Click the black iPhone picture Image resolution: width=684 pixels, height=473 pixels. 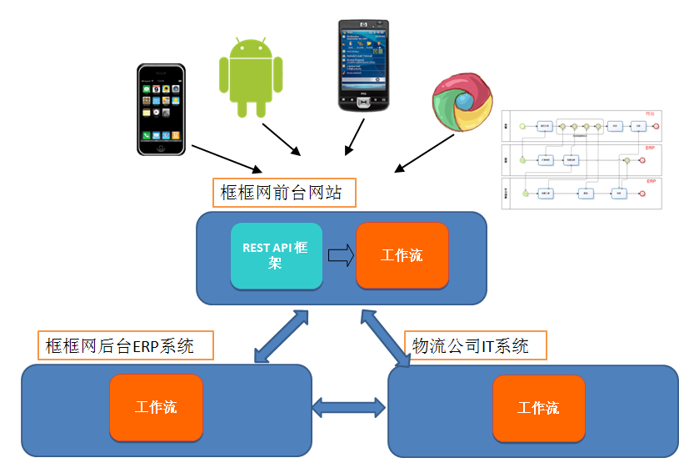[161, 109]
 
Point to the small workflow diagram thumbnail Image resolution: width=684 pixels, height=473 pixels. [582, 159]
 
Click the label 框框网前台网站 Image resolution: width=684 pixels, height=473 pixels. [283, 193]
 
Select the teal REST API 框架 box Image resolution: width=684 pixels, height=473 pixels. [276, 255]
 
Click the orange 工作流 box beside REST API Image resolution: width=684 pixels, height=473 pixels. [402, 255]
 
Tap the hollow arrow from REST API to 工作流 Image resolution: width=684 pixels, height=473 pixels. [339, 255]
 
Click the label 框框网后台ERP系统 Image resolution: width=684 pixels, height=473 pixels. [126, 345]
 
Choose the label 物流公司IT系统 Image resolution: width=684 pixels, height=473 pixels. [474, 345]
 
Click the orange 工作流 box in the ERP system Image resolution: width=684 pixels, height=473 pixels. [156, 407]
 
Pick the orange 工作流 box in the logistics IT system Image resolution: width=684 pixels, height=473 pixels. [538, 408]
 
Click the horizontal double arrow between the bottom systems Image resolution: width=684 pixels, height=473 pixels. [349, 407]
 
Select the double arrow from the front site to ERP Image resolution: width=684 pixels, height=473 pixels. [281, 337]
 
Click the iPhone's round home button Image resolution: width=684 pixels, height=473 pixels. [161, 146]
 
